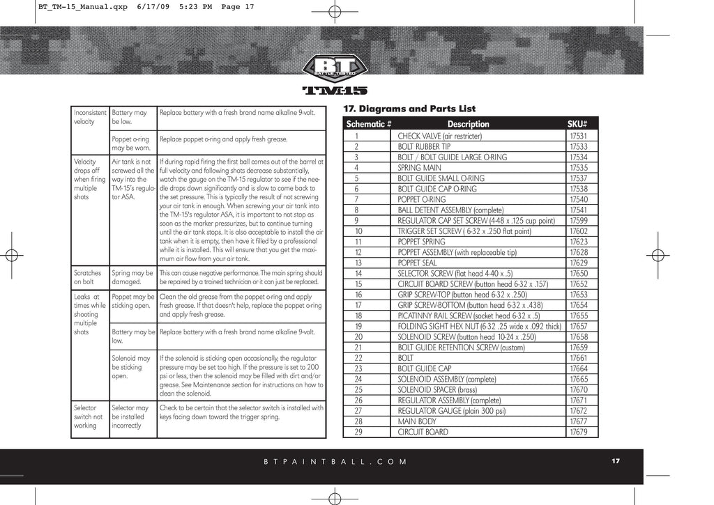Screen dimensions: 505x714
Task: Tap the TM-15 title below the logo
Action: click(x=335, y=91)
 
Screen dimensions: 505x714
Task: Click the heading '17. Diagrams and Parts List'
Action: click(x=410, y=109)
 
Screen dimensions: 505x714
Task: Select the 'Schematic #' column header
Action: click(x=369, y=124)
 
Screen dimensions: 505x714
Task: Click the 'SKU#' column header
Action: click(x=578, y=124)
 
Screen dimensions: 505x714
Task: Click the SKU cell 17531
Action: click(x=578, y=136)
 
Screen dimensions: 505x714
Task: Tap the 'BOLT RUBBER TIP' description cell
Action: click(x=424, y=146)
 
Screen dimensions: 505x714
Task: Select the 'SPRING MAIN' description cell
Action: click(x=419, y=168)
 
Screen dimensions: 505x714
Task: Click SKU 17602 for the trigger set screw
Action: click(x=578, y=231)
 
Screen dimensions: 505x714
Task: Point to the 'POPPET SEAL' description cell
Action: click(x=417, y=263)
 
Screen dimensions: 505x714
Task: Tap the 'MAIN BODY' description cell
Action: click(x=417, y=421)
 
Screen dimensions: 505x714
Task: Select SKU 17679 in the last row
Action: click(x=578, y=432)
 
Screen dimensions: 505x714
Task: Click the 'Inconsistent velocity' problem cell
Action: click(x=90, y=116)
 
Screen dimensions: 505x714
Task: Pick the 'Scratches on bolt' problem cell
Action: click(x=88, y=278)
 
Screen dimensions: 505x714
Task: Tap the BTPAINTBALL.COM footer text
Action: click(x=335, y=462)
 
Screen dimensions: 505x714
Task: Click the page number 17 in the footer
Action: click(x=616, y=461)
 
